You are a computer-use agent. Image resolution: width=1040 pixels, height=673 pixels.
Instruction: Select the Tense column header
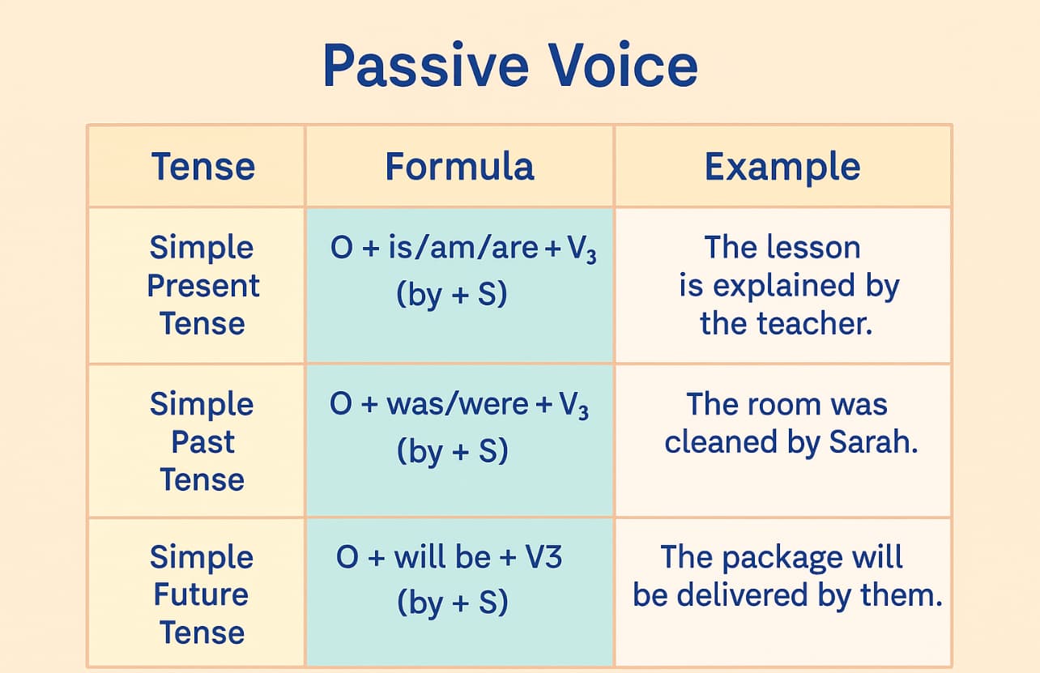[x=203, y=167]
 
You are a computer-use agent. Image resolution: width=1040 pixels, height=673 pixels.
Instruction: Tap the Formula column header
[x=459, y=167]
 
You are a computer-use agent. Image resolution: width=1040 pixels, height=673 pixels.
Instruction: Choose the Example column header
[x=782, y=167]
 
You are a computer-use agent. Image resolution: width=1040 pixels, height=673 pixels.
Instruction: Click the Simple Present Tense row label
[x=202, y=285]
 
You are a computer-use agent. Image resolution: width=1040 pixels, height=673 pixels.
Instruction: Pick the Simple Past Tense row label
[x=202, y=441]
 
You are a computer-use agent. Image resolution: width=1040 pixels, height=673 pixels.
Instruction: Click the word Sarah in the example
[x=872, y=442]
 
